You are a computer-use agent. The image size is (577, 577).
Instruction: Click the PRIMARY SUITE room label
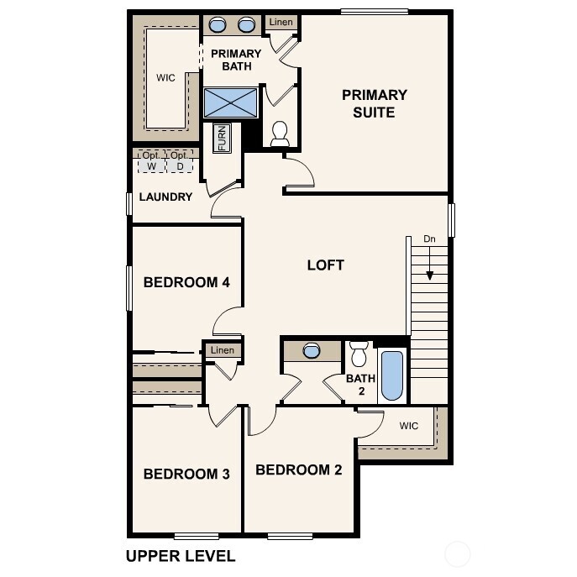374,103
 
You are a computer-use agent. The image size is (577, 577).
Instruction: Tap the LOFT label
325,265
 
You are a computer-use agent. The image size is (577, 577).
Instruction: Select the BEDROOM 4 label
186,282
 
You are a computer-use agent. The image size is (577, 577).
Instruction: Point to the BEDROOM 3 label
186,474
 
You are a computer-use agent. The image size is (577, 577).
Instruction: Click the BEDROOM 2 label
298,469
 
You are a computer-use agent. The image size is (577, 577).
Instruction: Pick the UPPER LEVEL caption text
181,556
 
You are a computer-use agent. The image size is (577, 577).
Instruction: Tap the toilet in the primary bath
280,132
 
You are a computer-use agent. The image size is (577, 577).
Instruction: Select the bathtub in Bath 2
392,375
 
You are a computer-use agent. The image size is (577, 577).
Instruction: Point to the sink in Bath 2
311,350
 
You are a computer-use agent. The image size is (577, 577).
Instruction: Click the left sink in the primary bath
217,24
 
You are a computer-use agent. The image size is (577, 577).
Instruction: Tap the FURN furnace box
223,138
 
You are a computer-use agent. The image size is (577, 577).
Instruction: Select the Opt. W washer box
151,161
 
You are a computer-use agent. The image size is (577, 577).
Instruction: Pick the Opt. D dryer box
179,161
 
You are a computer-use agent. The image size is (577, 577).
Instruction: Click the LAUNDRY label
165,197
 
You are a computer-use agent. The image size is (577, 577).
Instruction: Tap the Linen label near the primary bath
281,21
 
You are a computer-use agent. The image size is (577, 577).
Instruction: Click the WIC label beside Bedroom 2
408,426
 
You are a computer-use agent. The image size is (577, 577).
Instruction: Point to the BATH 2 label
361,384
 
